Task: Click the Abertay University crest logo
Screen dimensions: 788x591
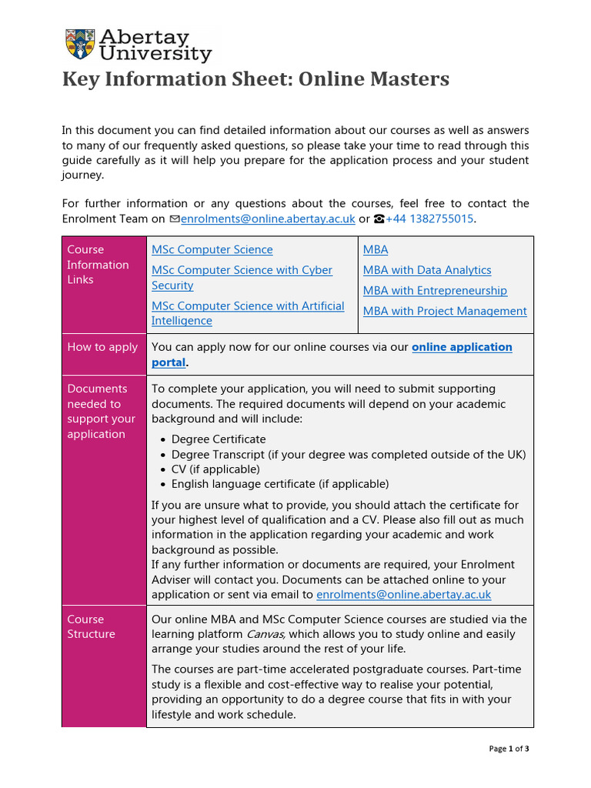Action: click(80, 45)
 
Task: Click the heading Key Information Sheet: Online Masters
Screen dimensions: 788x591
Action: click(255, 79)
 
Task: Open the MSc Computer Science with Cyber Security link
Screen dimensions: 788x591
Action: click(242, 278)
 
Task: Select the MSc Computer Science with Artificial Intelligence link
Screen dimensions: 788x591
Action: click(247, 313)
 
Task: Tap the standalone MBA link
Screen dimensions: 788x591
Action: click(376, 249)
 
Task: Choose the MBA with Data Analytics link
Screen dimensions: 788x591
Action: click(427, 270)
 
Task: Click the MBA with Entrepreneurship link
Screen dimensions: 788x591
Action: click(435, 291)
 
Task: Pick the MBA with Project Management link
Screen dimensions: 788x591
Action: click(445, 312)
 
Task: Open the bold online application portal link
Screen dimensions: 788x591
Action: click(462, 347)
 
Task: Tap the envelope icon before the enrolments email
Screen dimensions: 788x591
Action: click(174, 219)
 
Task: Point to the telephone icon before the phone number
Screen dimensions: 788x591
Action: click(379, 219)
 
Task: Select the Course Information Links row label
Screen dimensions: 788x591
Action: click(98, 264)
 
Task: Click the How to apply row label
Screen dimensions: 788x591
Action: click(102, 347)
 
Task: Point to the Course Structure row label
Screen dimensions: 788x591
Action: click(91, 626)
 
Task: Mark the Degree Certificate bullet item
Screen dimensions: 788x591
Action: click(219, 439)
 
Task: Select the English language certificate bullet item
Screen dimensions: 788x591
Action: click(280, 484)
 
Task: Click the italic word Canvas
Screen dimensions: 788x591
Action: click(265, 635)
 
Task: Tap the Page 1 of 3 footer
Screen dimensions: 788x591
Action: click(509, 749)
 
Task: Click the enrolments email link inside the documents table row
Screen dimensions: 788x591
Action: click(403, 595)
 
